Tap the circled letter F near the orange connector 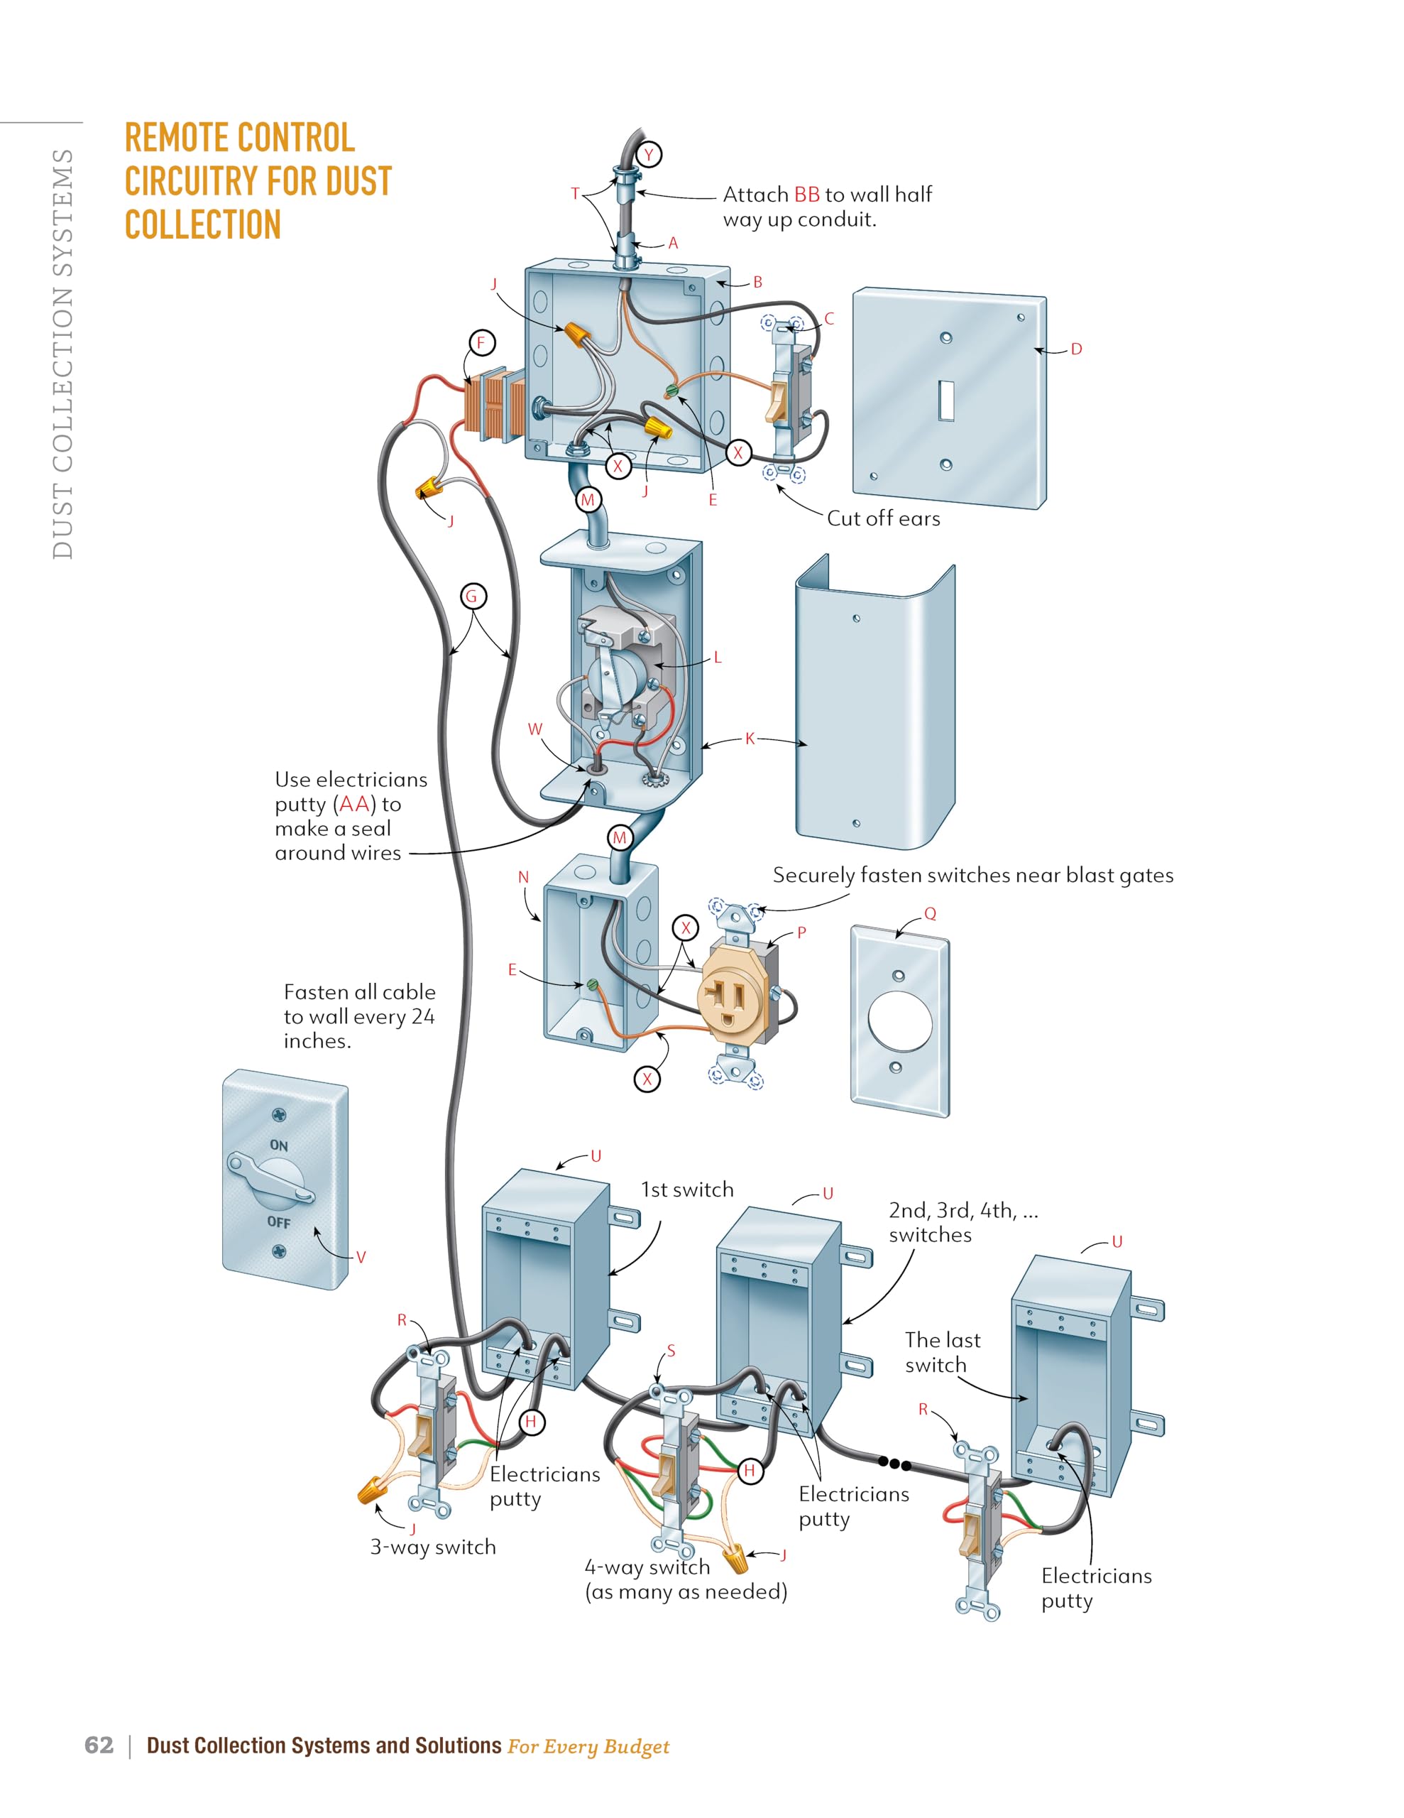click(481, 343)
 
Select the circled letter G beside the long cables click(473, 596)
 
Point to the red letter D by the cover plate click(1076, 349)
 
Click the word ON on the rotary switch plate click(279, 1145)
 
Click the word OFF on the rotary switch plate click(279, 1222)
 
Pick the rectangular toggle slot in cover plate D click(946, 401)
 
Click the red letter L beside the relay click(718, 658)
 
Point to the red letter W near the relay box click(534, 729)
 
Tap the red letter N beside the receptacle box click(523, 877)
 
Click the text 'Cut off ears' click(883, 518)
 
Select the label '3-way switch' click(433, 1547)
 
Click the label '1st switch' click(686, 1190)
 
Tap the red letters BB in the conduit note click(806, 195)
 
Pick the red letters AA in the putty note click(354, 804)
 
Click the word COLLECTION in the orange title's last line click(203, 224)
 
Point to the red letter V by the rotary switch click(361, 1257)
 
